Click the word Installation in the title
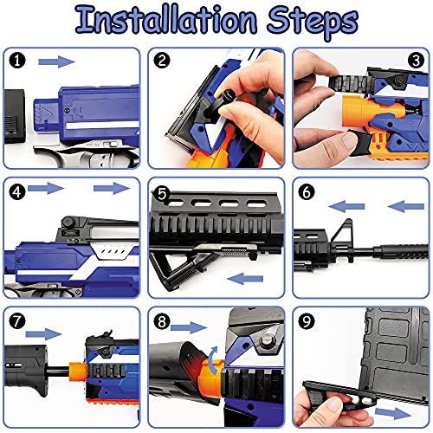166,20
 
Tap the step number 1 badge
17,61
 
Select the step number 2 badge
162,61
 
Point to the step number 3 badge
416,61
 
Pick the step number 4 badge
17,191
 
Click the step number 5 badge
162,194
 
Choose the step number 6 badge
307,191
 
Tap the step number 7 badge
17,321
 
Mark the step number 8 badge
162,321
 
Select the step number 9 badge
307,321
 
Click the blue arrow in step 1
56,61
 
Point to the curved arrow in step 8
214,359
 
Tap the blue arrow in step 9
393,413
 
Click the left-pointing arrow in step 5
245,279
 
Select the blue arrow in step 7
43,334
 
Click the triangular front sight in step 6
341,232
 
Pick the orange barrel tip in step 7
77,372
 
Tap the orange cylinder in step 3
358,111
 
